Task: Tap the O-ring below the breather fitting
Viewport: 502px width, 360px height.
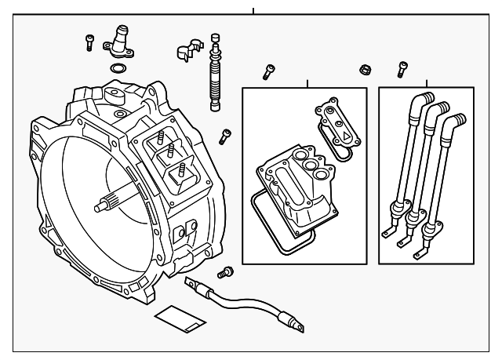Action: (x=118, y=71)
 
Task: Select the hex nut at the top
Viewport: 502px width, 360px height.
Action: (x=364, y=69)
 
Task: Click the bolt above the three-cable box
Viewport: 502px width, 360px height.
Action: (x=403, y=70)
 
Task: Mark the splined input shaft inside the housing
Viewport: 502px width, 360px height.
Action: (x=110, y=205)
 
